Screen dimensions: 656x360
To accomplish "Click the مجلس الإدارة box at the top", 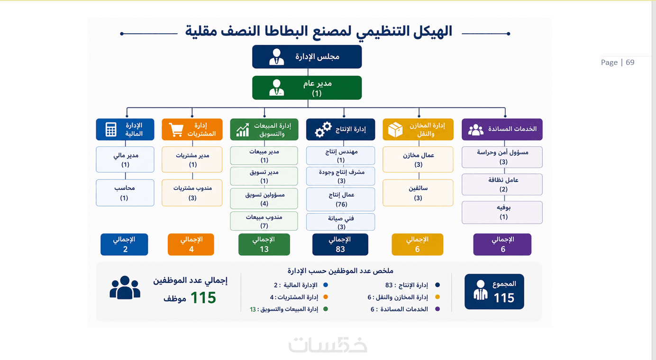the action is click(307, 57).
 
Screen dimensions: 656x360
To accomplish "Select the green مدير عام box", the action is click(307, 88).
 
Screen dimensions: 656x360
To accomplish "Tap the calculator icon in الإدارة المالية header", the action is click(111, 129).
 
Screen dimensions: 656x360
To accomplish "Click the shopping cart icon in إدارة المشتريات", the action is click(176, 130).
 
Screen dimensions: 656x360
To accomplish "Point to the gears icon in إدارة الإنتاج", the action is click(323, 129).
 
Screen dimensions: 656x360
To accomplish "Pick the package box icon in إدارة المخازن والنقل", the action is click(395, 130).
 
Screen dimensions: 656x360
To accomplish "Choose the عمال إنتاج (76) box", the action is click(340, 199).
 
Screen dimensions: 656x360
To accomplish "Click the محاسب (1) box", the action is click(125, 193).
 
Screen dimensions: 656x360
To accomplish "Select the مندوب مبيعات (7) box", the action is click(264, 221).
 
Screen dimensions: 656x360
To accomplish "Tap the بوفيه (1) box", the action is click(502, 213).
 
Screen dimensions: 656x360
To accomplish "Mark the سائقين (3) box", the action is click(418, 193).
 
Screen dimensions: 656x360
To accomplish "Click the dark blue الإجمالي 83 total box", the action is click(340, 244).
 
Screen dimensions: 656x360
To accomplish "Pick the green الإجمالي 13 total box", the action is click(264, 244).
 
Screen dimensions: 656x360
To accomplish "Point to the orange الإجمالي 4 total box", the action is click(191, 244).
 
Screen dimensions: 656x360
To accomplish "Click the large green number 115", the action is click(203, 297).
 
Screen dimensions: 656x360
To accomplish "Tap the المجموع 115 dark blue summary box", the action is click(494, 291).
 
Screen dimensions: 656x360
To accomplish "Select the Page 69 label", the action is click(617, 63).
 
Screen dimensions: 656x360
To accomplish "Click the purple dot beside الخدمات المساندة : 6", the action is click(437, 309).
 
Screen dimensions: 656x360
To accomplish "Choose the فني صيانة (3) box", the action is click(340, 222).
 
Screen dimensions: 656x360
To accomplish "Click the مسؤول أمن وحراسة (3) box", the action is click(502, 157).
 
